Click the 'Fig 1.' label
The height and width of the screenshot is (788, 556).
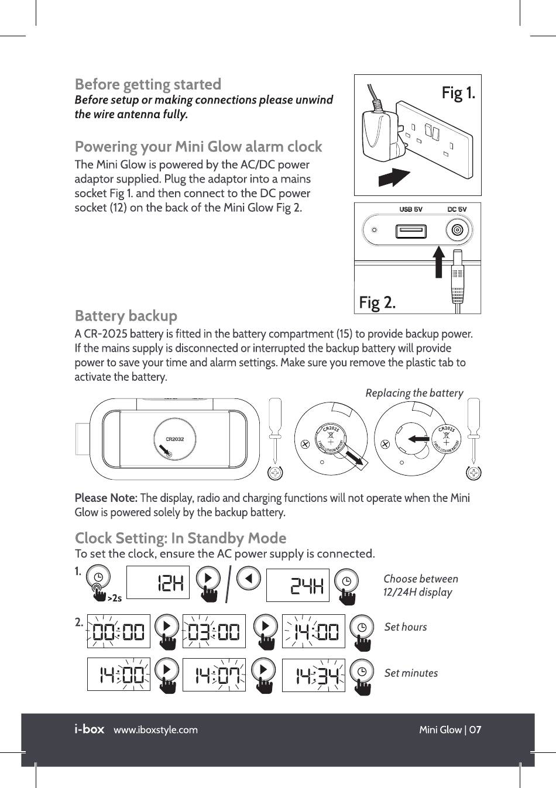click(x=458, y=93)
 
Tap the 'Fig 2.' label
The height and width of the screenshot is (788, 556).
click(x=377, y=302)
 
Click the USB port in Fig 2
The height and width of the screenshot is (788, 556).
click(x=410, y=232)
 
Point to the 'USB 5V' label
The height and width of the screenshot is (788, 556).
click(x=410, y=209)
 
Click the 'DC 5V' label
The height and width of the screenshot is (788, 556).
click(x=457, y=209)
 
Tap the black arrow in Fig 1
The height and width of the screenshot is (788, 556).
click(x=394, y=176)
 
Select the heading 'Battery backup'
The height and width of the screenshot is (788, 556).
click(x=126, y=316)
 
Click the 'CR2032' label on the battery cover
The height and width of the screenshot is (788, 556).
click(x=174, y=439)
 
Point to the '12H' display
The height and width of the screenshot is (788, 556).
click(x=158, y=582)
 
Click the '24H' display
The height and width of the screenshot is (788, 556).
click(x=297, y=584)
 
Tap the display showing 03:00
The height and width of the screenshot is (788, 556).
click(x=214, y=631)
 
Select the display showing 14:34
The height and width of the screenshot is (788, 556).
click(x=313, y=675)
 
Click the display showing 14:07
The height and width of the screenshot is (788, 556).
click(x=214, y=675)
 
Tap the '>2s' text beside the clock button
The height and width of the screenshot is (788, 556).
click(x=115, y=598)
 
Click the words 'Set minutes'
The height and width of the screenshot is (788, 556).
click(x=411, y=673)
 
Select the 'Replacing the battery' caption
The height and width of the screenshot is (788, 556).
click(x=414, y=393)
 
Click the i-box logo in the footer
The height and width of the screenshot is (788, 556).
click(x=89, y=729)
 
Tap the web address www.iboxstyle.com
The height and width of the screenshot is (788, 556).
click(x=156, y=730)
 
